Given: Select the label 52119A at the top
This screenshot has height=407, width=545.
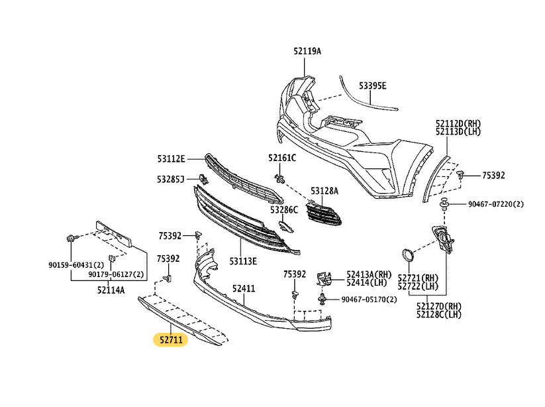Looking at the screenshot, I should [x=307, y=50].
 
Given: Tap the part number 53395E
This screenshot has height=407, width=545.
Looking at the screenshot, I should [x=373, y=86].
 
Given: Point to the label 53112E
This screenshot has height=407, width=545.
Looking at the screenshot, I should [x=171, y=158].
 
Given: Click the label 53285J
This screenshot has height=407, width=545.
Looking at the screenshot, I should [x=171, y=179].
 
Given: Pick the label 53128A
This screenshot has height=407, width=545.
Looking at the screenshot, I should [x=324, y=191].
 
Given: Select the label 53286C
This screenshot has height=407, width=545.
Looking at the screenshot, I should [x=283, y=209].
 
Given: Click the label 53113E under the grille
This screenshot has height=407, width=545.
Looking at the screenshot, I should [x=244, y=261].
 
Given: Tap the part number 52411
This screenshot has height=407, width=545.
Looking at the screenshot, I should [x=244, y=289].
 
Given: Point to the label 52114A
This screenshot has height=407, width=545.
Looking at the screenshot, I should [x=111, y=289].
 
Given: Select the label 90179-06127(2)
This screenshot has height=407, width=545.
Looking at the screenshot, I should [x=117, y=274].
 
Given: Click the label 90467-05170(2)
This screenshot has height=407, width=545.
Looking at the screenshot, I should [x=370, y=300].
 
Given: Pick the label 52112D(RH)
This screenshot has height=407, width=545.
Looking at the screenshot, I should [x=458, y=123].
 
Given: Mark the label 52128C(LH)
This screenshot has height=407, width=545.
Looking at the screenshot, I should [x=439, y=314].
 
